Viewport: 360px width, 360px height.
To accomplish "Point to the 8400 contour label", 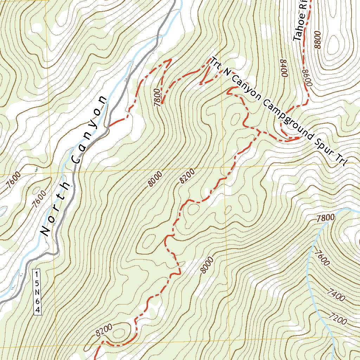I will point(284,67).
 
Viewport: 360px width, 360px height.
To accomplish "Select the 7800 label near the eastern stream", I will point(325,218).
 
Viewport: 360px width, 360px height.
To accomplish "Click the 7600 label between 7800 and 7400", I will point(322,257).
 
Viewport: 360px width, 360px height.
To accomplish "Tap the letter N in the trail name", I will point(227,73).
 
